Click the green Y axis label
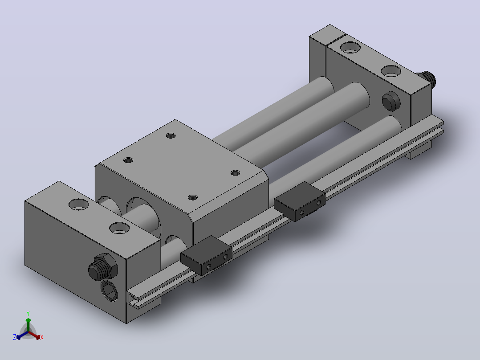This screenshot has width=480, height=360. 28,313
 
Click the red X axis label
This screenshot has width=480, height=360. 42,337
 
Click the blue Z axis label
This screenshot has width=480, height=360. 15,337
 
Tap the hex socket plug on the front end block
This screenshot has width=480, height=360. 109,290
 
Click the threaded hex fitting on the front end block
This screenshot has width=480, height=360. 102,266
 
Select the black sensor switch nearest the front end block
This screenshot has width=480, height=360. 206,255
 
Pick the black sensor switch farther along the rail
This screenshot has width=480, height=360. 299,201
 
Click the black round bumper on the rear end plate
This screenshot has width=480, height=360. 391,101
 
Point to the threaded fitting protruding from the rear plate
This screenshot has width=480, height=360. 427,78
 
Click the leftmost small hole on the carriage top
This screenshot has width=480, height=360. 128,160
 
